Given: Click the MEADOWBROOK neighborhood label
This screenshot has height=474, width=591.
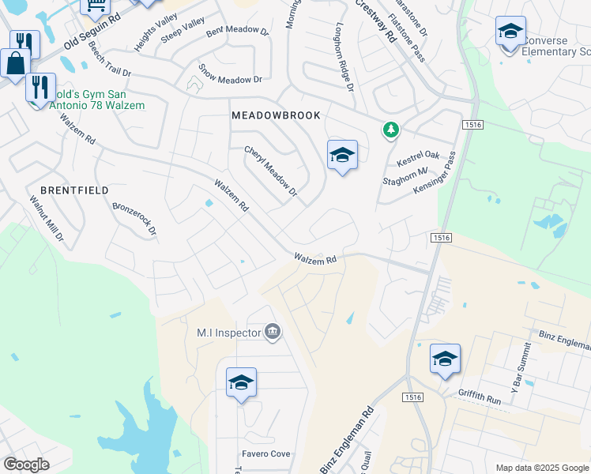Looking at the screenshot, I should (x=277, y=115).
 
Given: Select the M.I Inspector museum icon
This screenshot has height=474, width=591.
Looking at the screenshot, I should (x=272, y=331).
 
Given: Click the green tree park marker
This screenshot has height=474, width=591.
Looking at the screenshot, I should (x=390, y=130).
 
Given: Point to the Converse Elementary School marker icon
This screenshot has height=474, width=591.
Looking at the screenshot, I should (x=510, y=33).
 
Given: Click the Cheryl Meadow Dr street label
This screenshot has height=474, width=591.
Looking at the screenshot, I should (x=270, y=171).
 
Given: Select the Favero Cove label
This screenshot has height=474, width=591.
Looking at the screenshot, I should (x=266, y=454).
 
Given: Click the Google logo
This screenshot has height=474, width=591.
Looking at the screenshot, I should (x=26, y=465).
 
